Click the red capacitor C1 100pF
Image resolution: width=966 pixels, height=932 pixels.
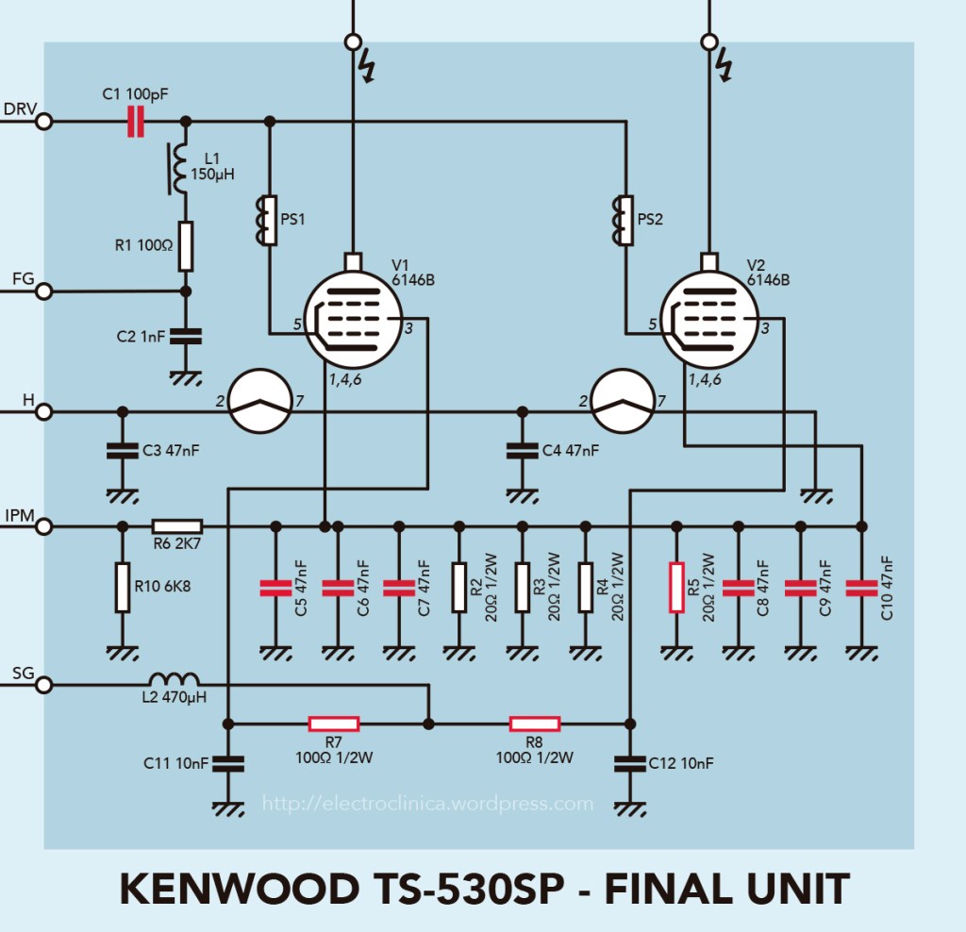[x=136, y=121]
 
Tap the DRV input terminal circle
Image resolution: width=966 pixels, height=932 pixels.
[x=42, y=121]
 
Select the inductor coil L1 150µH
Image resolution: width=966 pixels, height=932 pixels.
[x=178, y=170]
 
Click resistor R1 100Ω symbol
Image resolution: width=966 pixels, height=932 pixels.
[x=186, y=247]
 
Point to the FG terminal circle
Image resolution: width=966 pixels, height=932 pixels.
[x=42, y=291]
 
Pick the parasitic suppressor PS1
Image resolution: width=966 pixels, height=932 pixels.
[x=269, y=220]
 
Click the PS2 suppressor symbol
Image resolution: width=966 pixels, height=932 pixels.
[x=625, y=220]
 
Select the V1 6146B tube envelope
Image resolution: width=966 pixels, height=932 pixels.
[x=354, y=322]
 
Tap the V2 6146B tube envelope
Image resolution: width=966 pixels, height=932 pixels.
[x=709, y=322]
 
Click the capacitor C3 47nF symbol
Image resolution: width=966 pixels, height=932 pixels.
[x=121, y=450]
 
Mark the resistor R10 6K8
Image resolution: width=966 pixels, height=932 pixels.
[x=122, y=587]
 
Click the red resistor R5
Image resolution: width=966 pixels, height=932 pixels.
[x=675, y=587]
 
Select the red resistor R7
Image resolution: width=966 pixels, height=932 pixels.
[x=334, y=724]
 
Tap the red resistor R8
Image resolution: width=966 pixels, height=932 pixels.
[x=535, y=724]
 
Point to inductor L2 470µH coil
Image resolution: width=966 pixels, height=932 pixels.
[x=175, y=680]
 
